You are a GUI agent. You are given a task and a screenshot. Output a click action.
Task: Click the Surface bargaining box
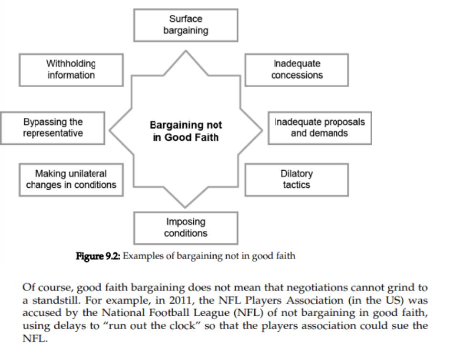point(186,25)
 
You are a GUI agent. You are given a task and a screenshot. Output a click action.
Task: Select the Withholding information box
point(71,70)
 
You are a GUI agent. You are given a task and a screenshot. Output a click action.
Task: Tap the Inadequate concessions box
point(297,70)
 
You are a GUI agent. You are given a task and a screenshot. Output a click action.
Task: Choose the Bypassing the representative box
point(52,128)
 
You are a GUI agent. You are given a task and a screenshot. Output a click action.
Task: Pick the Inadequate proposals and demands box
point(320,128)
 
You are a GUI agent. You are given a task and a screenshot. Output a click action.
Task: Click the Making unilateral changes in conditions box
point(71,180)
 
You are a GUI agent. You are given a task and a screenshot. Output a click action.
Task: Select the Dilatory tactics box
point(297,180)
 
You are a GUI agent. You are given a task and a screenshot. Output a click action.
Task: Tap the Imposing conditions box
point(186,228)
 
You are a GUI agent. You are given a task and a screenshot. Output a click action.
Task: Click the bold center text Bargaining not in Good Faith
point(186,131)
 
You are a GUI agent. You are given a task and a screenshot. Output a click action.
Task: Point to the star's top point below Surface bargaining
point(186,51)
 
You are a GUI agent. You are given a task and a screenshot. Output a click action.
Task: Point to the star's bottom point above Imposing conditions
point(185,207)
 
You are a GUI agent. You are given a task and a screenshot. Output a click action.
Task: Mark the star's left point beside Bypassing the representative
point(110,130)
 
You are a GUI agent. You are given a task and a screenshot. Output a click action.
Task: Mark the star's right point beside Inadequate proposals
point(262,130)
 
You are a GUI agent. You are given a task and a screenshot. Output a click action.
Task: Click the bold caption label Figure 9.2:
point(98,256)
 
